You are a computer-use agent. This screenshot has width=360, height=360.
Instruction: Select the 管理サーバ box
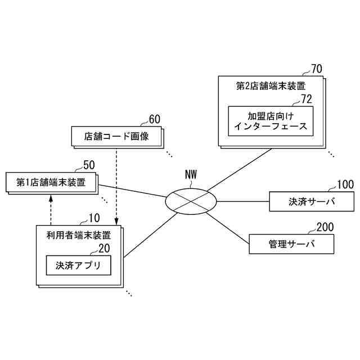[291, 244]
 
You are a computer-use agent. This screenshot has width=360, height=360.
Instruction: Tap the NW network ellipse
[191, 200]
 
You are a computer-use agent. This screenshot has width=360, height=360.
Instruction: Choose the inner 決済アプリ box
[78, 265]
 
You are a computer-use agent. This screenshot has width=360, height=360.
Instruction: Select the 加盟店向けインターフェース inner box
[271, 120]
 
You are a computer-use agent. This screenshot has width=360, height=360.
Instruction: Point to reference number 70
[317, 70]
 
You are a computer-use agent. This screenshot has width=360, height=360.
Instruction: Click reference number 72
[306, 99]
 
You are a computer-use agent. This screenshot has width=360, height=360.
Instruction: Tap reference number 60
[154, 119]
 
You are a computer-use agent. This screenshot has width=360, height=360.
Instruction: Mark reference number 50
[89, 165]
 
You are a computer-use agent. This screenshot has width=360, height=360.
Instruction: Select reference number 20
[104, 247]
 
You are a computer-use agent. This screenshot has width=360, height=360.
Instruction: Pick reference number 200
[325, 227]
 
